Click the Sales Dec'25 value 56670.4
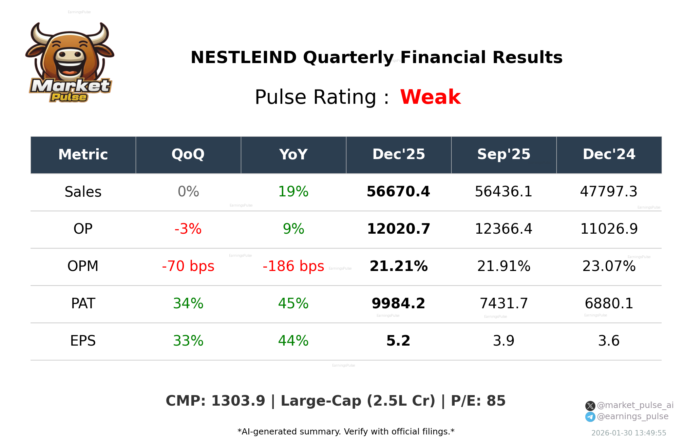pos(398,192)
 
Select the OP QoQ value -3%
pos(188,229)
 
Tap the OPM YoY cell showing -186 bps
pos(293,266)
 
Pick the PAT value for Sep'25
pos(503,304)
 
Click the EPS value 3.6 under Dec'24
pos(609,341)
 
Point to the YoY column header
pos(293,155)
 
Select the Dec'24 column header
pos(609,155)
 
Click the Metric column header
pos(83,155)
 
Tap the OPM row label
pos(83,266)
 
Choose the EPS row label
pos(83,341)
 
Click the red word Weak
pos(430,97)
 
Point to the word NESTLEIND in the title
pos(244,57)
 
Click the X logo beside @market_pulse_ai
pos(590,406)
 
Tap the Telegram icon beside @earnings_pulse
pos(590,417)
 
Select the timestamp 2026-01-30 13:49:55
pos(628,433)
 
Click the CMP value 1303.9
pos(238,401)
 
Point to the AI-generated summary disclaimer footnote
pos(346,432)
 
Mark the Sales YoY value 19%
pos(293,192)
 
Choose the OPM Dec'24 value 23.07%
pos(609,266)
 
